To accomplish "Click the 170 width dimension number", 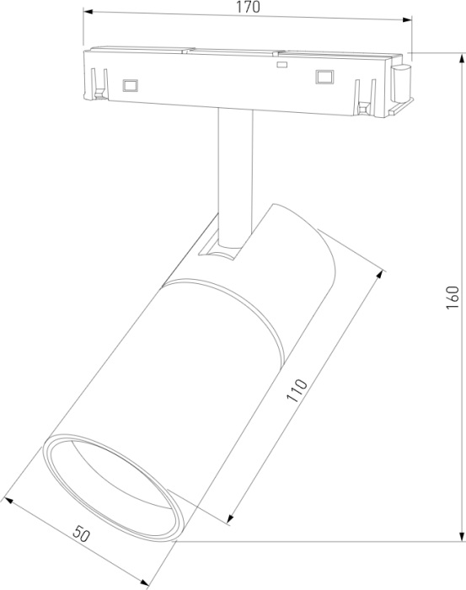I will (246, 8).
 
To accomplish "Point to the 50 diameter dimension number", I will (82, 534).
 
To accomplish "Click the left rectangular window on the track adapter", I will (130, 84).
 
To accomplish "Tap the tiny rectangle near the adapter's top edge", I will (281, 64).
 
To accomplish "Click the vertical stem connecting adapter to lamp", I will (234, 169).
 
